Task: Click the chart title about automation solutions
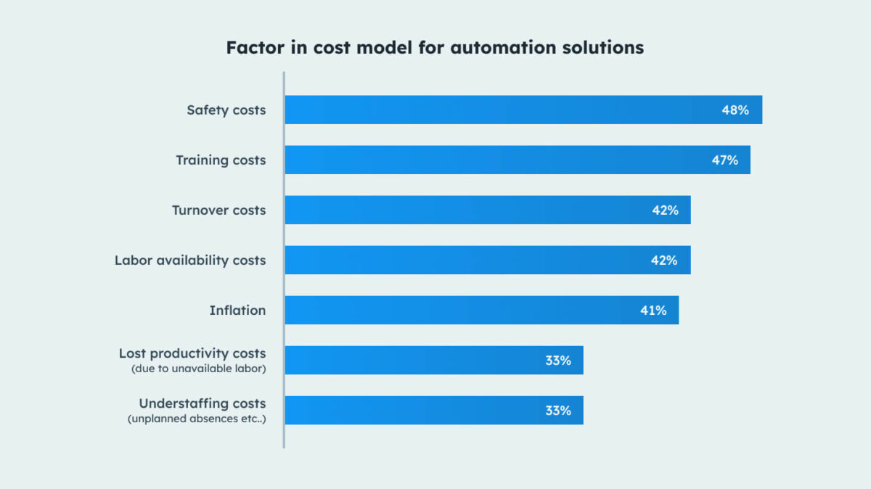pyautogui.click(x=435, y=48)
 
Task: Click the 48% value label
pyautogui.click(x=735, y=110)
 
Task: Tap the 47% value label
pyautogui.click(x=724, y=160)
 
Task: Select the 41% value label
pyautogui.click(x=653, y=311)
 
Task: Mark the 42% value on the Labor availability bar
pyautogui.click(x=664, y=260)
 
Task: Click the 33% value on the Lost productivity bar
pyautogui.click(x=558, y=361)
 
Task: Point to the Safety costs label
pyautogui.click(x=226, y=110)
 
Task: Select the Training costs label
pyautogui.click(x=221, y=160)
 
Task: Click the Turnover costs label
pyautogui.click(x=218, y=210)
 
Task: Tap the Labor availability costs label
pyautogui.click(x=190, y=260)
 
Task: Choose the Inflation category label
pyautogui.click(x=237, y=311)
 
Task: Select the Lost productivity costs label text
pyautogui.click(x=192, y=353)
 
